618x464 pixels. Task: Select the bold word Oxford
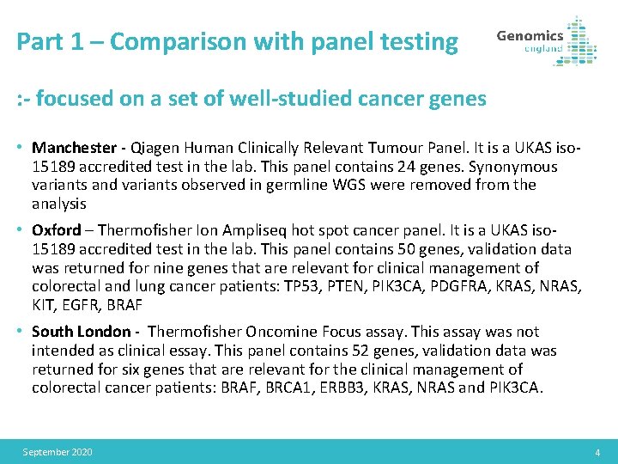(x=56, y=230)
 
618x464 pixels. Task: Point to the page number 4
(x=597, y=452)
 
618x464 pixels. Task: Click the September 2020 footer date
(x=58, y=452)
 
